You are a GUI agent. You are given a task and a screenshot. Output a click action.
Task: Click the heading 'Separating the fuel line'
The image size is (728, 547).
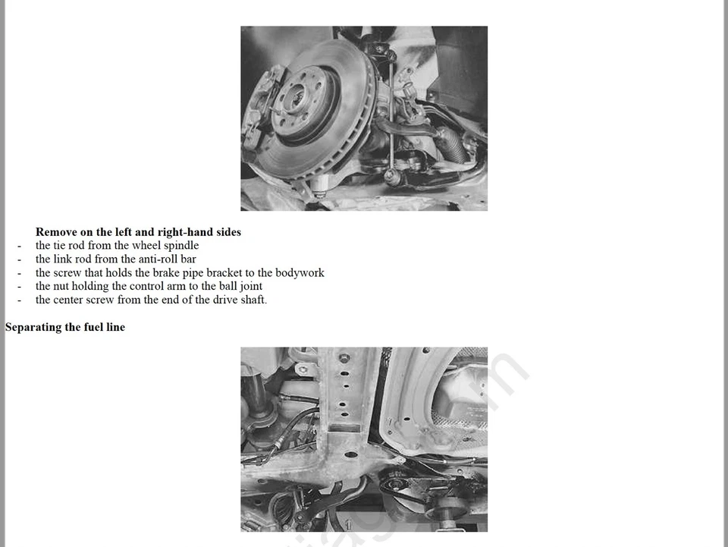pyautogui.click(x=65, y=327)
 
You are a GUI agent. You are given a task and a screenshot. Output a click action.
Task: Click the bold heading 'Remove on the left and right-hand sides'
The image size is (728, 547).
pyautogui.click(x=138, y=232)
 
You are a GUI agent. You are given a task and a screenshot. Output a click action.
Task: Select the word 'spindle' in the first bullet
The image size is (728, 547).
pyautogui.click(x=181, y=246)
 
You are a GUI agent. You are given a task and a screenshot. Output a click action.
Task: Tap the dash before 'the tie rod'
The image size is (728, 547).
pyautogui.click(x=19, y=246)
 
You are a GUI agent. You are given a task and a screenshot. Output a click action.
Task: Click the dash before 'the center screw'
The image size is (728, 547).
pyautogui.click(x=19, y=300)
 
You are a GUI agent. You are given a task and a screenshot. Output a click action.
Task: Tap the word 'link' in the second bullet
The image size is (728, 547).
pyautogui.click(x=65, y=259)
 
